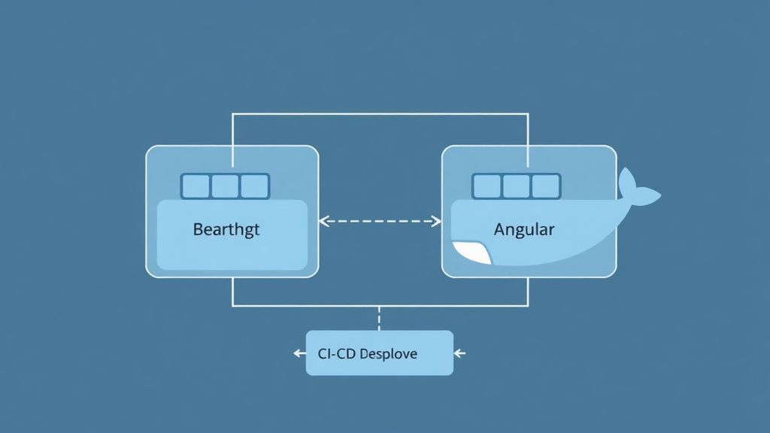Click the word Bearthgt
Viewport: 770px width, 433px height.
click(226, 229)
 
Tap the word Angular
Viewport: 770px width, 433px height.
click(524, 229)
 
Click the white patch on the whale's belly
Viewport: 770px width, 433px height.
click(472, 253)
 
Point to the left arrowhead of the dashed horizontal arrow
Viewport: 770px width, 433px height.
click(323, 221)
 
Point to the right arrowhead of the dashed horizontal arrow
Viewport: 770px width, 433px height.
click(437, 221)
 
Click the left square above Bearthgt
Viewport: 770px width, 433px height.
click(196, 186)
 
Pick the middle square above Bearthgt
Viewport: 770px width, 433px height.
click(225, 186)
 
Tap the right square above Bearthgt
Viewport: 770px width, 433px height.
click(254, 186)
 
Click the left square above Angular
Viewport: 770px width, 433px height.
click(487, 186)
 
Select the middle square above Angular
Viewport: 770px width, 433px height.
click(516, 186)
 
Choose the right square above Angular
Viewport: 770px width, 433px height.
click(545, 186)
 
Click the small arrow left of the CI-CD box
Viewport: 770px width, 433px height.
click(299, 353)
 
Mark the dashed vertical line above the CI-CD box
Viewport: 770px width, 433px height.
click(379, 318)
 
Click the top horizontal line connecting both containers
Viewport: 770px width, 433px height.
click(380, 114)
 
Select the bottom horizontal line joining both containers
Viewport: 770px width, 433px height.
click(316, 305)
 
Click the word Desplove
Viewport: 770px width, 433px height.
click(388, 353)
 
